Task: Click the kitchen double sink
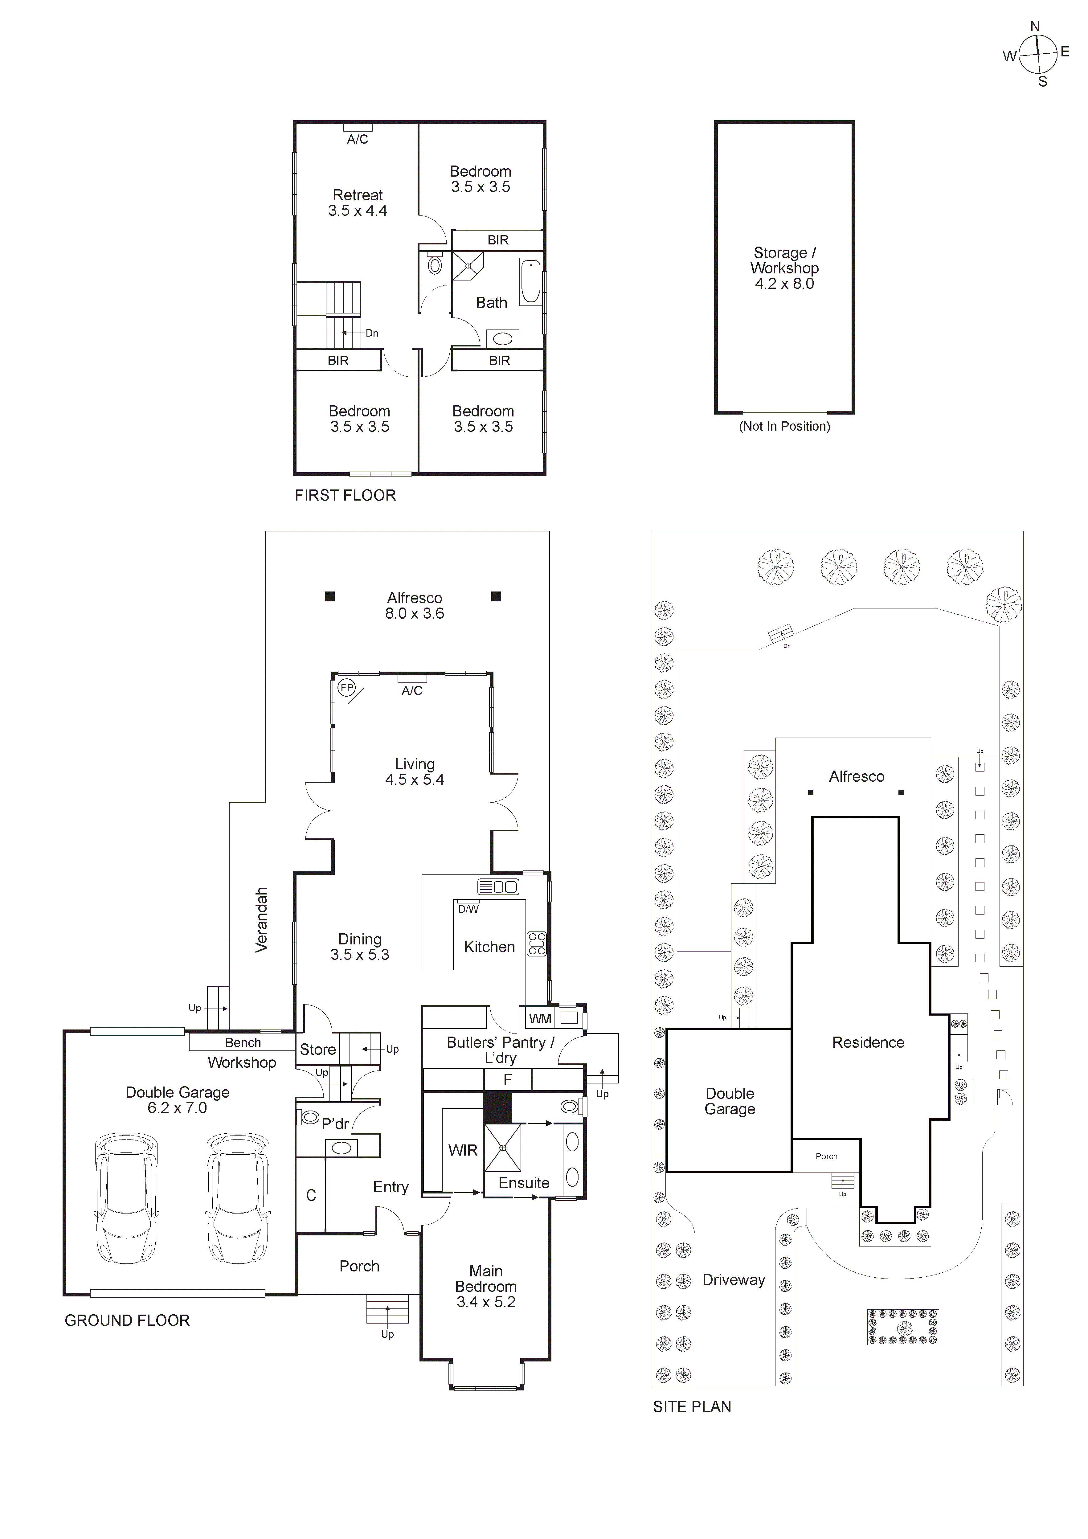coord(498,887)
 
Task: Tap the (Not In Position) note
coord(784,426)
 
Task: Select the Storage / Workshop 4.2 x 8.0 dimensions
coord(784,284)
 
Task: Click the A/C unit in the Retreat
coord(357,127)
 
